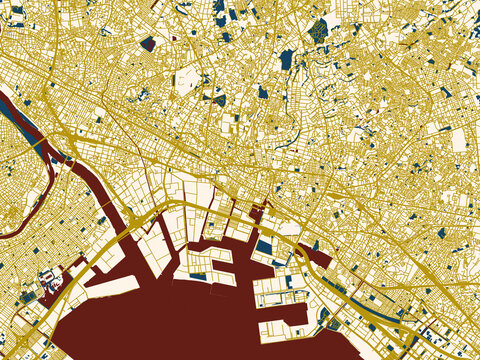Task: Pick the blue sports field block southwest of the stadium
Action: click(x=28, y=296)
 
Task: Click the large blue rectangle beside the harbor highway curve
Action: click(x=264, y=245)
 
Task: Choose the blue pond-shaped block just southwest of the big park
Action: click(x=287, y=59)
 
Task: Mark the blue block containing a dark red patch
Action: click(x=149, y=43)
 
